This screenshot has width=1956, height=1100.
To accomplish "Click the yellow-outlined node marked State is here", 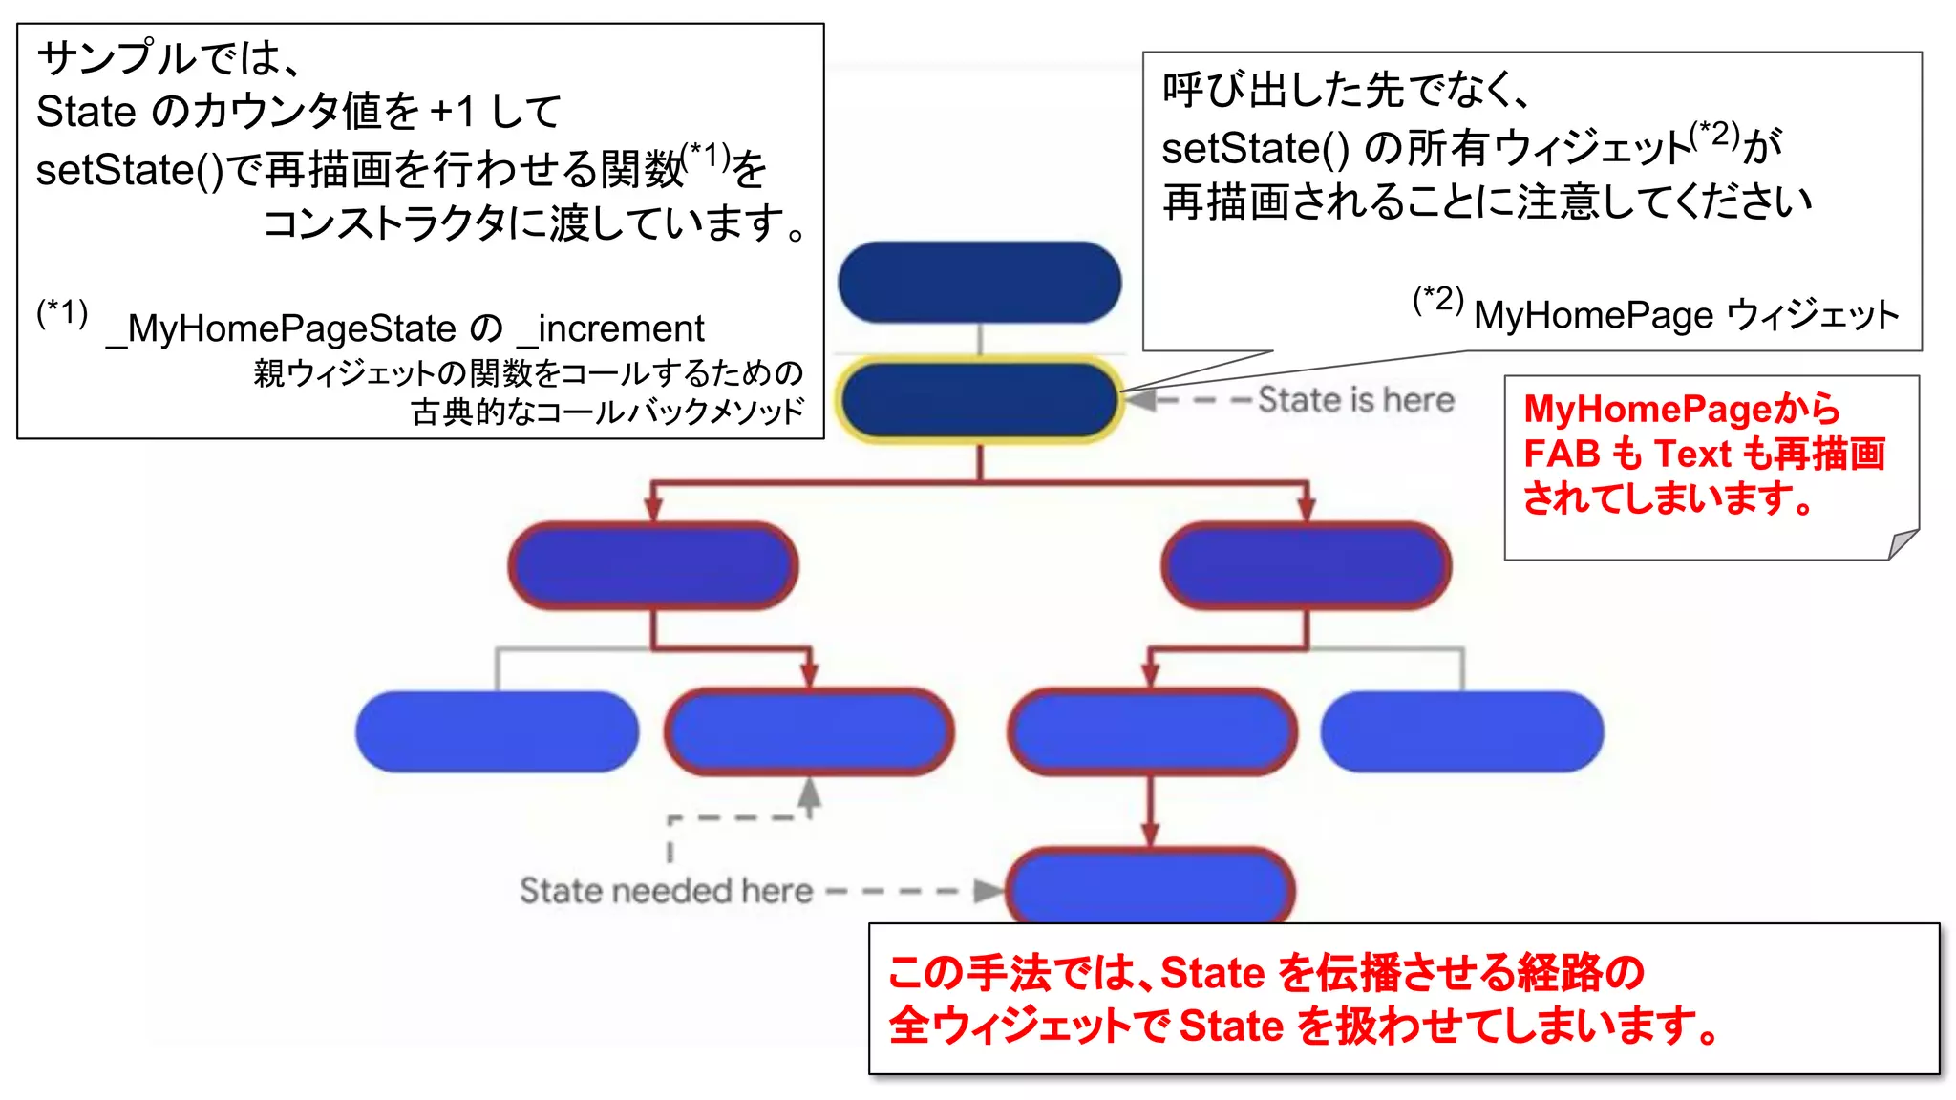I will point(979,400).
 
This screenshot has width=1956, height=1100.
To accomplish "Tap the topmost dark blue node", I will point(979,282).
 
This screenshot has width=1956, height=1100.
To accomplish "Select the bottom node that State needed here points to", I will point(1150,886).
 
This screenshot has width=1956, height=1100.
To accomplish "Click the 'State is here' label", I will point(1356,400).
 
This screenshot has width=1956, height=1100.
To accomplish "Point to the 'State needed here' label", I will point(666,891).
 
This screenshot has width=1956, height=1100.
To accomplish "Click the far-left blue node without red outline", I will point(497,731).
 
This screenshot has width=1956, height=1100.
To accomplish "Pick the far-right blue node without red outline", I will point(1461,731).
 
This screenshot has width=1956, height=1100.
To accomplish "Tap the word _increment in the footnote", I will point(611,329).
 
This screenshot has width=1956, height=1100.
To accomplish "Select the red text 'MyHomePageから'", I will point(1681,409).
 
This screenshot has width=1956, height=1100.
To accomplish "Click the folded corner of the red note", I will point(1903,544).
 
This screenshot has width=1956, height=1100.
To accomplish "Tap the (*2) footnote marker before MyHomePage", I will point(1437,300).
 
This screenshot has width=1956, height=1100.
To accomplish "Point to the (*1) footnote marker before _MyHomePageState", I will point(62,313).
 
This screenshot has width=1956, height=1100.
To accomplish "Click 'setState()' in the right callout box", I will point(1255,149).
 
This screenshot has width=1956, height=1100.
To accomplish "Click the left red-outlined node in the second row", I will point(653,565).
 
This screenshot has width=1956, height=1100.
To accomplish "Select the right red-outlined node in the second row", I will point(1306,565).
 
